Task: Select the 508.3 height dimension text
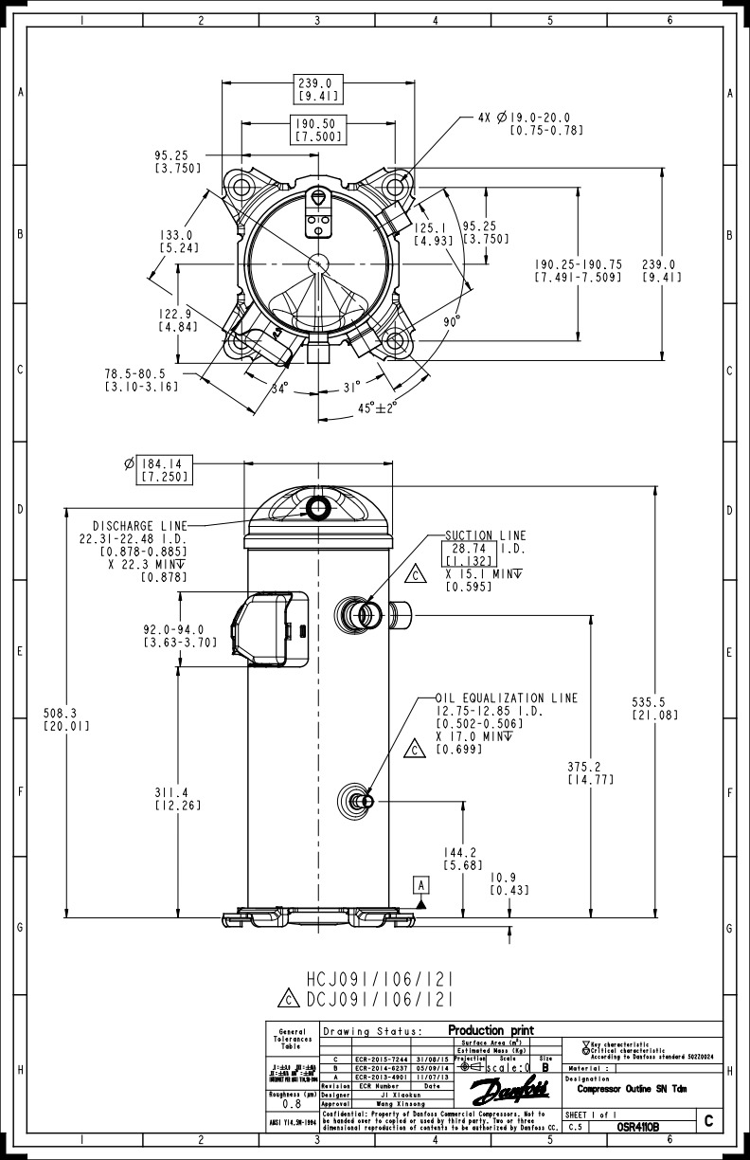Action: [66, 713]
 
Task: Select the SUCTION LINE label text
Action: [485, 535]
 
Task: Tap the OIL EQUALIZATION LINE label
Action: [506, 698]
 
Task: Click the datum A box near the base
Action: [421, 883]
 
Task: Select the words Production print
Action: [491, 1030]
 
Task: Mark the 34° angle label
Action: [279, 387]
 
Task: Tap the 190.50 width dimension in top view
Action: [317, 124]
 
